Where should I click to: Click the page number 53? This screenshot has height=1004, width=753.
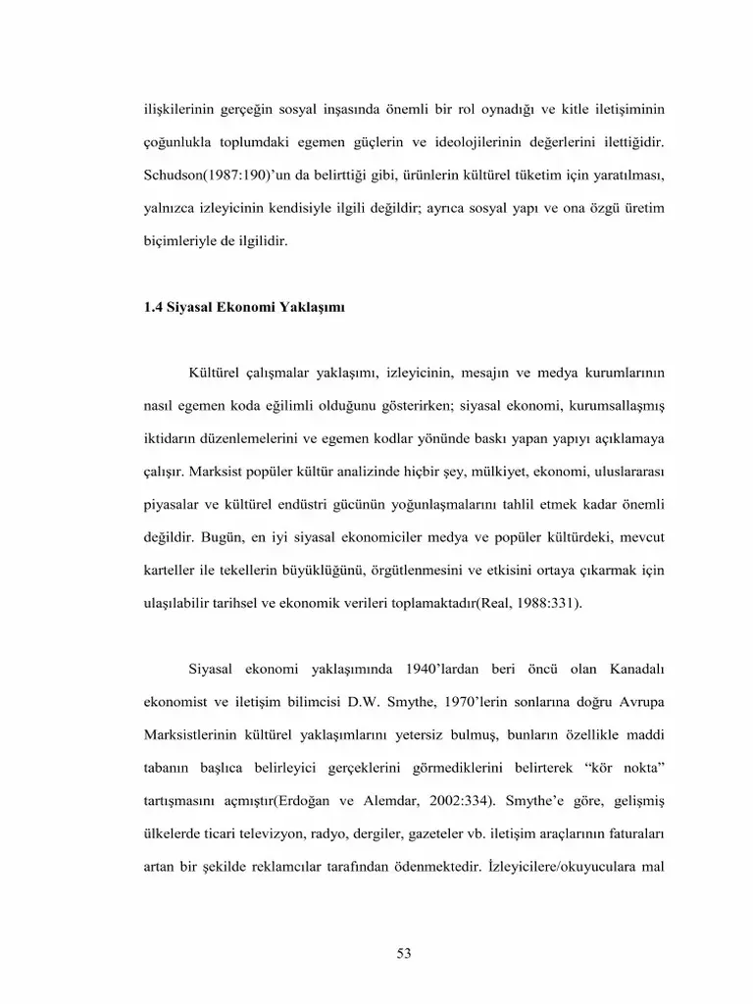(x=403, y=953)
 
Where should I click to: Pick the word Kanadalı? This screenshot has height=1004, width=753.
(x=633, y=670)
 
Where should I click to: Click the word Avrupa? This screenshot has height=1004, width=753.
(x=640, y=703)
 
